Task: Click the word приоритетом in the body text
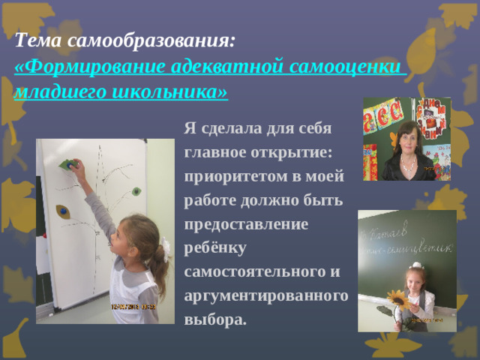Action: coord(236,177)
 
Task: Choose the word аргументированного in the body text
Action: coord(265,295)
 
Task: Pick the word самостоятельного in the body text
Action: coord(255,271)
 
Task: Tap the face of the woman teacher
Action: coord(408,140)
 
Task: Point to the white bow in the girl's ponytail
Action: coord(164,253)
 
